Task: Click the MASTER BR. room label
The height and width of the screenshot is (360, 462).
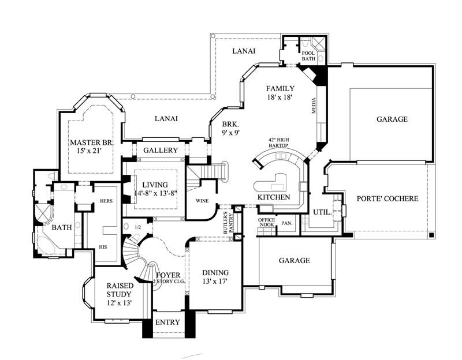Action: [x=91, y=142]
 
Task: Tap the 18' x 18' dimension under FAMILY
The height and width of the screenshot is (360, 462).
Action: [x=280, y=97]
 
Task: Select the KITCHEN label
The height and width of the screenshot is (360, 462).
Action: [x=274, y=197]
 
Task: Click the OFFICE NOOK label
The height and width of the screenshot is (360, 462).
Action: [x=266, y=222]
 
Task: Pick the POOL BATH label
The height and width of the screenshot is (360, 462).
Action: [x=308, y=56]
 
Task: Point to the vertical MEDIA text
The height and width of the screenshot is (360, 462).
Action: [x=314, y=105]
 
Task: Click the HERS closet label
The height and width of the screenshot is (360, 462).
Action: [x=106, y=201]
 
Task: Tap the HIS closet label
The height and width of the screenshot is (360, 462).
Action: [x=104, y=246]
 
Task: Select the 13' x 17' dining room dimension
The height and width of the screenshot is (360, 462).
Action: [x=215, y=282]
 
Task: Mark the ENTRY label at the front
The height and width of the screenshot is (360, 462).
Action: [x=168, y=322]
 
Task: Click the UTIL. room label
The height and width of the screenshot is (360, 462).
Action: [x=322, y=212]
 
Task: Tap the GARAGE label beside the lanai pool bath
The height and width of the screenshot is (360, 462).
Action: [x=392, y=119]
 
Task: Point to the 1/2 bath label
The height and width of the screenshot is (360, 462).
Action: [x=137, y=227]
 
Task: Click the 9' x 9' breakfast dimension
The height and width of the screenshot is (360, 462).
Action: [x=230, y=132]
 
